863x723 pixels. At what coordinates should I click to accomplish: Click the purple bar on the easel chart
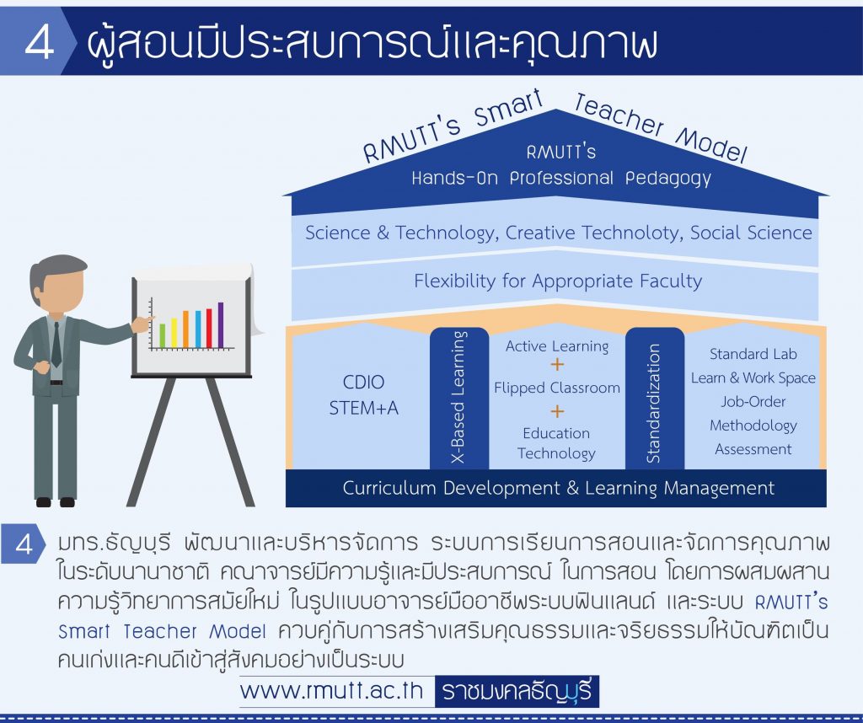pos(221,325)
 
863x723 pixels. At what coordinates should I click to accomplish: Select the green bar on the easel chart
pos(163,335)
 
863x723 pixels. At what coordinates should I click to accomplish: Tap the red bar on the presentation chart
pos(209,329)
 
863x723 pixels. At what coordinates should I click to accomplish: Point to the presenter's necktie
pos(56,345)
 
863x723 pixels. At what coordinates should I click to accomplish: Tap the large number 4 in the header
pos(39,42)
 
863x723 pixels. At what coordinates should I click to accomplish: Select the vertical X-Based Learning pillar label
pos(458,397)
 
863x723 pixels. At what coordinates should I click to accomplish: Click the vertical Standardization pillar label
pos(654,404)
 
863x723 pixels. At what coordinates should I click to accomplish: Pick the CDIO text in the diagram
pos(363,382)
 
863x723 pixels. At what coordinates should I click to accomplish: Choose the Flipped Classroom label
pos(557,388)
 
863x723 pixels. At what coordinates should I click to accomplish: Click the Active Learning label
pos(557,346)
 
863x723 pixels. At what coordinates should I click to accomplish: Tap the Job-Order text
pos(753,402)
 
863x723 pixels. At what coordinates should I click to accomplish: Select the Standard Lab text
pos(753,354)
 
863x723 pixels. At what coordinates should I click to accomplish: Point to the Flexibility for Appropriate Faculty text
pos(558,281)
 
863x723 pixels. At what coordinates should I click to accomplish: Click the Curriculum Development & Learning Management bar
pos(556,488)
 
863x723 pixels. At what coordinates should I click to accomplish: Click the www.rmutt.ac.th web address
pos(332,691)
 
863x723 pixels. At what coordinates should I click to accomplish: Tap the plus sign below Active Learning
pos(557,364)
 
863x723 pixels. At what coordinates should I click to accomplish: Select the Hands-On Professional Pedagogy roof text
pos(561,179)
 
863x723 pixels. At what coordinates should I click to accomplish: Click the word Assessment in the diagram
pos(753,449)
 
